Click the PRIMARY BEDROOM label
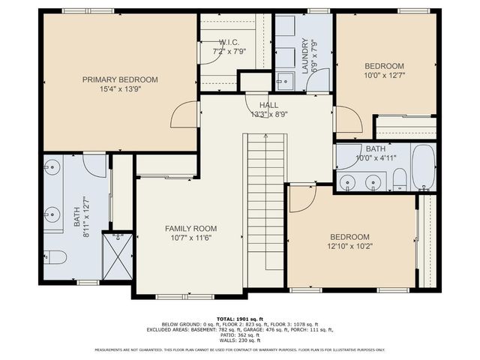click(x=120, y=79)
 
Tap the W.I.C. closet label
click(x=229, y=43)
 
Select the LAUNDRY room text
click(x=305, y=55)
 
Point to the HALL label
click(x=268, y=105)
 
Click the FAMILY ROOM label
click(x=190, y=228)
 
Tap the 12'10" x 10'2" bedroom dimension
click(x=349, y=245)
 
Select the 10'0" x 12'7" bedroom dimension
click(x=385, y=74)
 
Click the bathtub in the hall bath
click(x=422, y=169)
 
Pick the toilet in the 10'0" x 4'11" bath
click(x=400, y=178)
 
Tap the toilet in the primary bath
click(x=55, y=257)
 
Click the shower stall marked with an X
click(x=117, y=255)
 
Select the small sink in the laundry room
click(x=283, y=80)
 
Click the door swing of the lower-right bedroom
click(x=301, y=198)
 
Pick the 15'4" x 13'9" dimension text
click(x=120, y=88)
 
